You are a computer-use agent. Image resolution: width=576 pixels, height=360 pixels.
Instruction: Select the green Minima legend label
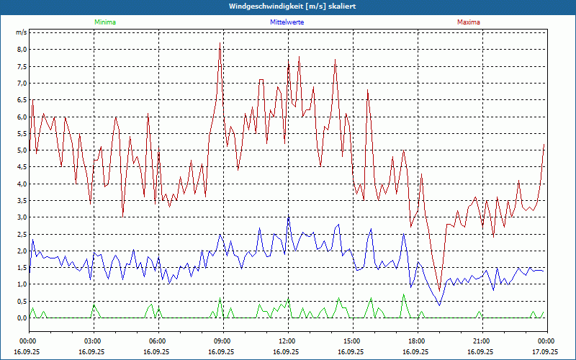pyautogui.click(x=104, y=22)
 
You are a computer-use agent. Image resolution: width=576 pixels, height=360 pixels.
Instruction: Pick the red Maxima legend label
pyautogui.click(x=469, y=22)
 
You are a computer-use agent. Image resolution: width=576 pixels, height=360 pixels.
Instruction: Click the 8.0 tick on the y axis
pyautogui.click(x=22, y=50)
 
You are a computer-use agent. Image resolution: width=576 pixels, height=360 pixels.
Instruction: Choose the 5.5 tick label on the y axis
pyautogui.click(x=22, y=133)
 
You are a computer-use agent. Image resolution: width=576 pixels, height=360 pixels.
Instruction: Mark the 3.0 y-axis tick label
pyautogui.click(x=22, y=217)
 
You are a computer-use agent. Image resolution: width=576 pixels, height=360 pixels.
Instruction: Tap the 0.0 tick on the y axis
pyautogui.click(x=22, y=318)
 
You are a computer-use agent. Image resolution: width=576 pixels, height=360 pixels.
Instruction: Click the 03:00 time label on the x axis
pyautogui.click(x=93, y=341)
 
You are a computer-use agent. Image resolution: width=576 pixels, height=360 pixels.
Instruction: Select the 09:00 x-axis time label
pyautogui.click(x=222, y=341)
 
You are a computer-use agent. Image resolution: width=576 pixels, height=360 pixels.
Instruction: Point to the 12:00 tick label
pyautogui.click(x=287, y=341)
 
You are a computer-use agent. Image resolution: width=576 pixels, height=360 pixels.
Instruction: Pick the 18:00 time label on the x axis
pyautogui.click(x=417, y=341)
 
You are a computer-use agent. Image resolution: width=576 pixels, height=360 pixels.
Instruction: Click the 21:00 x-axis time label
pyautogui.click(x=482, y=341)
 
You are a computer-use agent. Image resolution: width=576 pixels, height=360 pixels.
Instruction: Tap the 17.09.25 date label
pyautogui.click(x=545, y=352)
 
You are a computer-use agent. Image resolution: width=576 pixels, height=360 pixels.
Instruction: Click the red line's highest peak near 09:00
pyautogui.click(x=220, y=43)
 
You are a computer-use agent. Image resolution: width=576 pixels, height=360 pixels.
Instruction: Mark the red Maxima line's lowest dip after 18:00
pyautogui.click(x=439, y=292)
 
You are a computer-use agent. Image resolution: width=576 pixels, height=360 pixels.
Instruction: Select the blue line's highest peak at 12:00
pyautogui.click(x=288, y=217)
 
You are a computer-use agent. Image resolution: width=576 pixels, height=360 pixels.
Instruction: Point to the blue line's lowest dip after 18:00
pyautogui.click(x=439, y=305)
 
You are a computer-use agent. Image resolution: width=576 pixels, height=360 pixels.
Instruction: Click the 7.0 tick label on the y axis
pyautogui.click(x=22, y=84)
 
